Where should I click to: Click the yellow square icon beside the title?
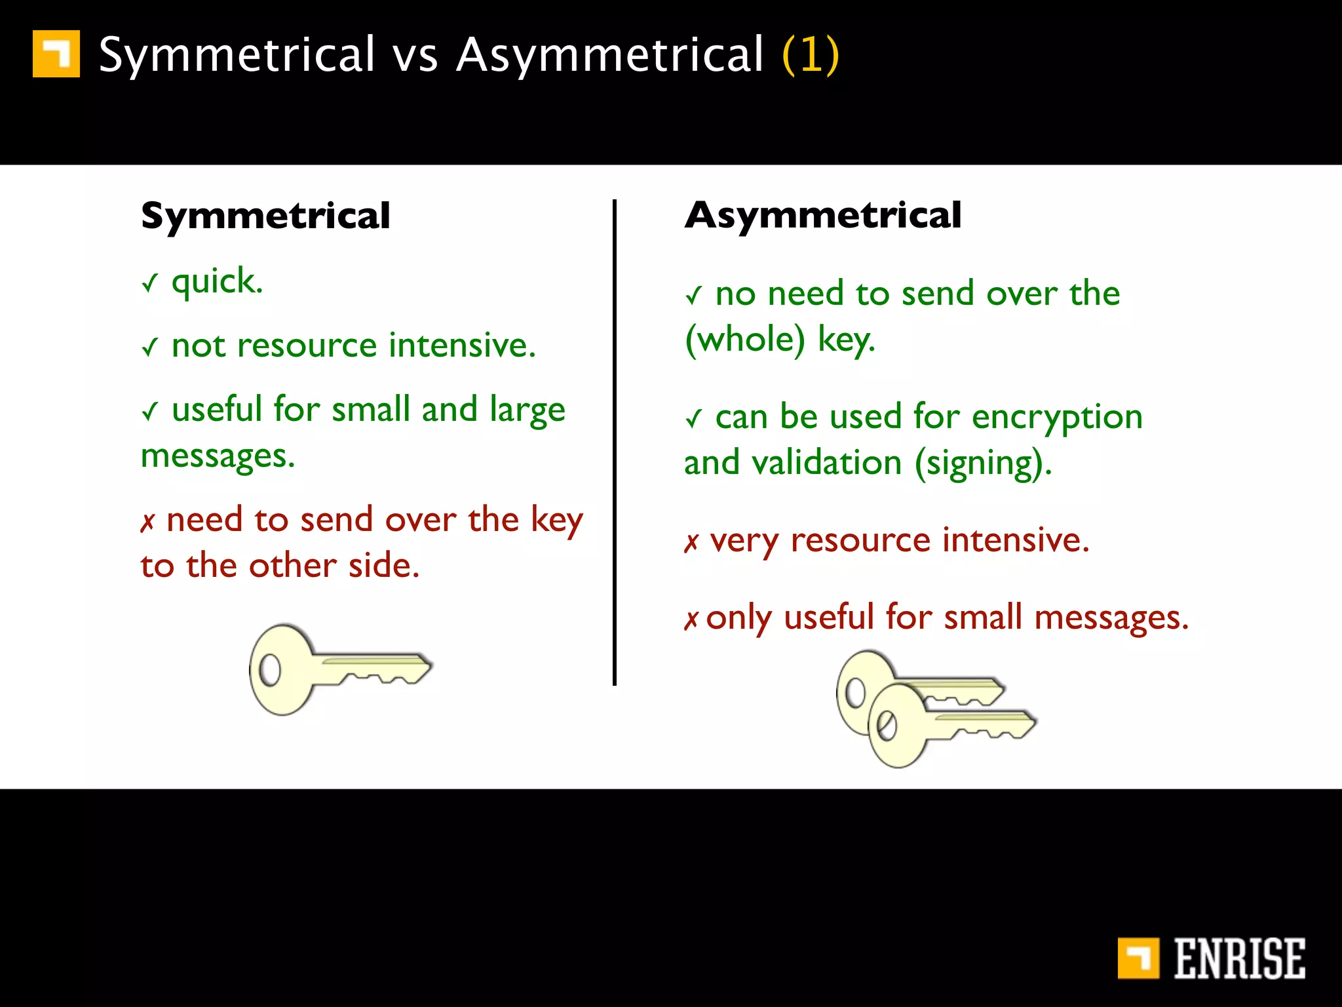click(x=56, y=54)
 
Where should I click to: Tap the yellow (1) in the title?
click(x=811, y=54)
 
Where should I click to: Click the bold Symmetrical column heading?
click(x=265, y=216)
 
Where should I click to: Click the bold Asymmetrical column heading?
click(x=823, y=215)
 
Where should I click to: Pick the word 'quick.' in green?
click(x=217, y=282)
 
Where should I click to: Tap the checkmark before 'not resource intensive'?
click(x=150, y=347)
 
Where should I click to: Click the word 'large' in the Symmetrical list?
click(x=527, y=410)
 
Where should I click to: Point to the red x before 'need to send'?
click(x=148, y=523)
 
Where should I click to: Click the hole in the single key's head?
click(x=269, y=670)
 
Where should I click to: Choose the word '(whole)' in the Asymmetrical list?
click(x=745, y=340)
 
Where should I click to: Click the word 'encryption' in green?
click(x=1057, y=418)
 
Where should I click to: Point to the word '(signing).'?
click(x=983, y=464)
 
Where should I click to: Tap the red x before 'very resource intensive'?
click(x=691, y=543)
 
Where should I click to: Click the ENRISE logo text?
click(x=1238, y=958)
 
